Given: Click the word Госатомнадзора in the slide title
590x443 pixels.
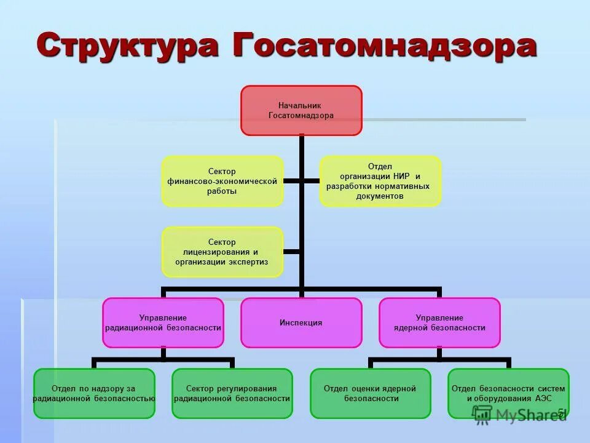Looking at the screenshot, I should click(383, 46).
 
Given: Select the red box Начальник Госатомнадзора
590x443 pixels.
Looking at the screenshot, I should click(301, 111).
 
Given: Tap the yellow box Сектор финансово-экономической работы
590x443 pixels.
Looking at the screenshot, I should click(222, 181).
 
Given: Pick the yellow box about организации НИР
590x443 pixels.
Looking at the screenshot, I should click(380, 181).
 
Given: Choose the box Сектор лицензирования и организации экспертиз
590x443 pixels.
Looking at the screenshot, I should click(222, 252).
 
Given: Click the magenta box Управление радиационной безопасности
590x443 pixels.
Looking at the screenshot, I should click(163, 322).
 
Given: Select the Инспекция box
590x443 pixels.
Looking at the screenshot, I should click(301, 322).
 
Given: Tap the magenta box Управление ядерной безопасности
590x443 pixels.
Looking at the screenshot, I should click(439, 322).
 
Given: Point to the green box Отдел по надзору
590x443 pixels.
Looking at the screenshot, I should click(94, 393).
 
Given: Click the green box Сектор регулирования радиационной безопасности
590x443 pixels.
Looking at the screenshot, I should click(232, 393).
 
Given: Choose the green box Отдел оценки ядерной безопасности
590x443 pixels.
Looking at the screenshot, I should click(371, 393).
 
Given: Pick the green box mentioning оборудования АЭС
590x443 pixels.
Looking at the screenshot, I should click(508, 393).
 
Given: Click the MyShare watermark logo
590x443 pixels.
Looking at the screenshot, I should click(519, 415).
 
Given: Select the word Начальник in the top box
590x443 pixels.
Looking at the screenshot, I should click(300, 106).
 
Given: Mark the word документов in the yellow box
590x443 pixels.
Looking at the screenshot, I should click(380, 196).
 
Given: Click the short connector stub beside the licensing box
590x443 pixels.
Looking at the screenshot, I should click(293, 252).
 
